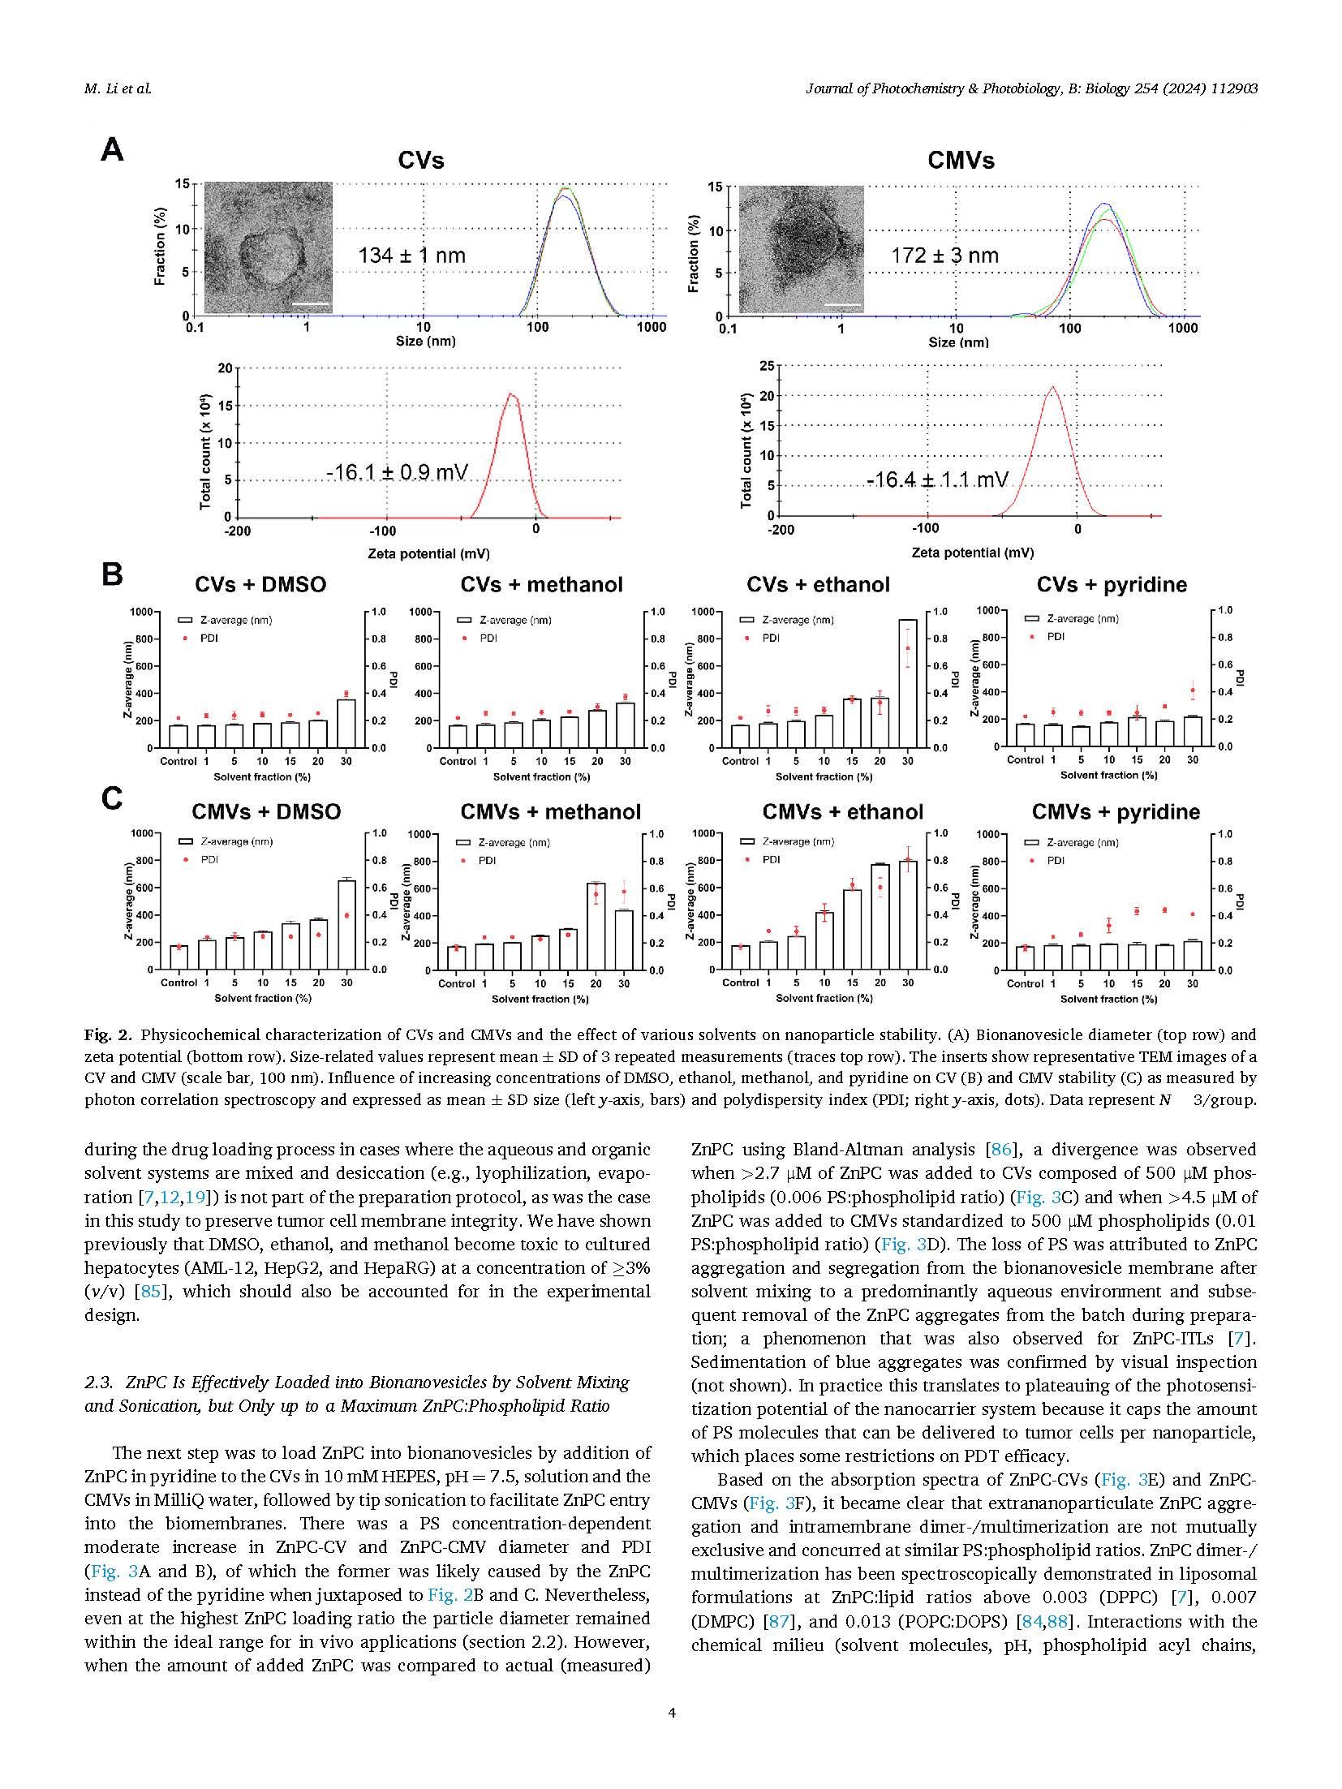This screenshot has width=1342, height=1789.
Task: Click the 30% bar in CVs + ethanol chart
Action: pos(908,683)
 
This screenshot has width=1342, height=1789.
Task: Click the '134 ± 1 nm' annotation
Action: pos(412,256)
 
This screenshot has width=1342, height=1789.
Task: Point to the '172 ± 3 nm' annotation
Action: pos(945,256)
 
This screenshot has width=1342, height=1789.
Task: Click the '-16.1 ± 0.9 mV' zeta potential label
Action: pos(398,471)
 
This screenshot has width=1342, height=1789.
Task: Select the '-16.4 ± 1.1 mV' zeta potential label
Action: pos(937,480)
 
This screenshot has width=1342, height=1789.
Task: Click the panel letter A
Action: pos(112,150)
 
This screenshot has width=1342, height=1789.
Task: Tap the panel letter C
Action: pos(112,799)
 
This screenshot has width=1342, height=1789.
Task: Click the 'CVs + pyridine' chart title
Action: pos(1112,585)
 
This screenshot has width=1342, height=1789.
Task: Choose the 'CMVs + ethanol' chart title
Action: pos(843,812)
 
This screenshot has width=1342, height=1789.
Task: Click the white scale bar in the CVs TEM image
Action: pos(316,305)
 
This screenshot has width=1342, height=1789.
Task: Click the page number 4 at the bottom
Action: pos(671,1714)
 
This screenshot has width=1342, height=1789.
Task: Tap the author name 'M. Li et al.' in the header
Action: pos(118,88)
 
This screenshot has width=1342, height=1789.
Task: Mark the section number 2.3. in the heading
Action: pos(99,1383)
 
